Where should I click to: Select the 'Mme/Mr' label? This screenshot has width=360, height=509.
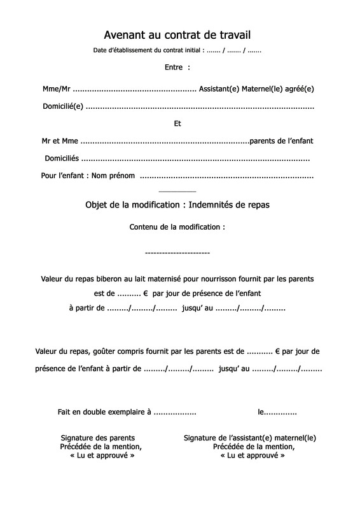tap(56, 89)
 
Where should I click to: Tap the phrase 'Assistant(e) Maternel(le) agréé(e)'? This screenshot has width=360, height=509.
tap(256, 89)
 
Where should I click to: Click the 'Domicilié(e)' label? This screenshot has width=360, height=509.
tap(62, 106)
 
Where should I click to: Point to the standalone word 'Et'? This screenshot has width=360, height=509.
tap(177, 123)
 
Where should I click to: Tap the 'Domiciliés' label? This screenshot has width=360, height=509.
tap(62, 158)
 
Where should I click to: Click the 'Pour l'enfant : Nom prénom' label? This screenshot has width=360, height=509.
tap(88, 176)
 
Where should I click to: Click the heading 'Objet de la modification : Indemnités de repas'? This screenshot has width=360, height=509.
tap(177, 205)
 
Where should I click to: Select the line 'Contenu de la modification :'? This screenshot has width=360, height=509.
tap(177, 227)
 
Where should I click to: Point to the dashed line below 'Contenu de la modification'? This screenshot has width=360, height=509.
tap(177, 253)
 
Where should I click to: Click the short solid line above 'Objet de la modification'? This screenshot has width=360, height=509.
tap(177, 192)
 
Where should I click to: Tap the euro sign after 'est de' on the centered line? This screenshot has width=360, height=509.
tap(145, 294)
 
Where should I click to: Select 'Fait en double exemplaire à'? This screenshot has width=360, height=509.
tap(104, 412)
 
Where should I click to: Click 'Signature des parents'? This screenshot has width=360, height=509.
tap(97, 438)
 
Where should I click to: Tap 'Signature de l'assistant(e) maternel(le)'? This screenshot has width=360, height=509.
tap(249, 438)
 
